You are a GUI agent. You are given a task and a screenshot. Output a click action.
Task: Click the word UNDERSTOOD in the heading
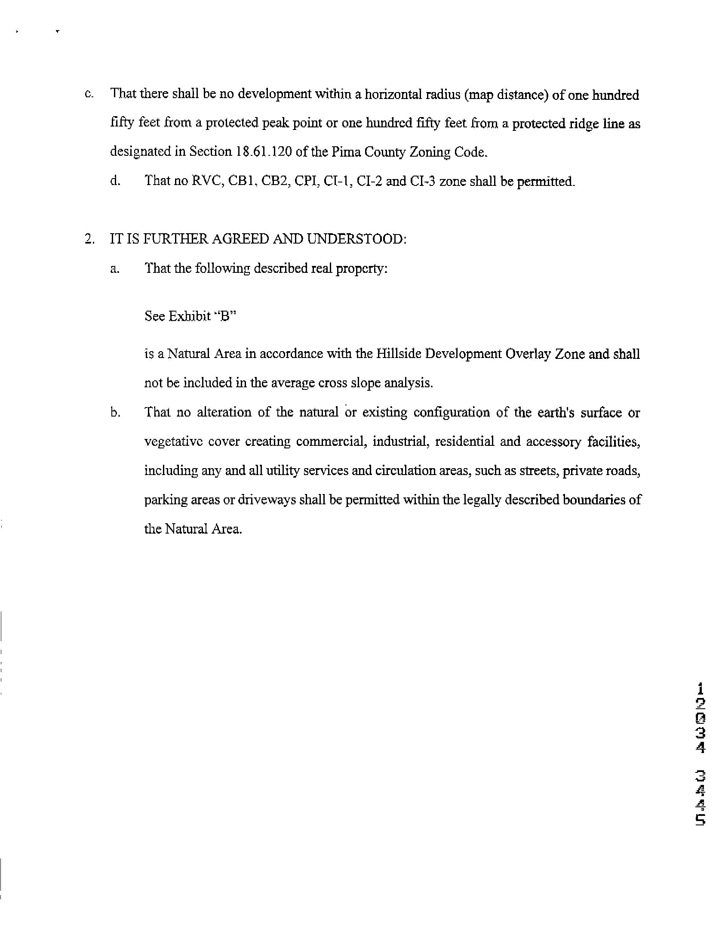click(x=356, y=239)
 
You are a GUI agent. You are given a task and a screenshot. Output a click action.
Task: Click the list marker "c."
click(x=89, y=95)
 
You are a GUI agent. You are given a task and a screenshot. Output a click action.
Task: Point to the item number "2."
click(x=89, y=239)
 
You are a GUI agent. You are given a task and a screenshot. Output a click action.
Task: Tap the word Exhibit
click(x=190, y=316)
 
